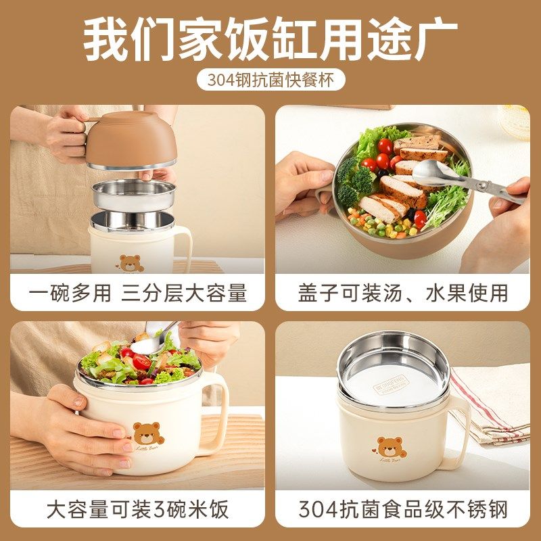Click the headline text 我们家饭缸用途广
click(270, 40)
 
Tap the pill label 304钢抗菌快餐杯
click(270, 80)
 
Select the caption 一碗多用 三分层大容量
click(138, 293)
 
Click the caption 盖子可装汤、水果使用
click(402, 293)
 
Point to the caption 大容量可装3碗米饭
click(138, 509)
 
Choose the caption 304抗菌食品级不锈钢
click(402, 509)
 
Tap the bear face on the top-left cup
click(131, 263)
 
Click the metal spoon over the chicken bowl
click(433, 173)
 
